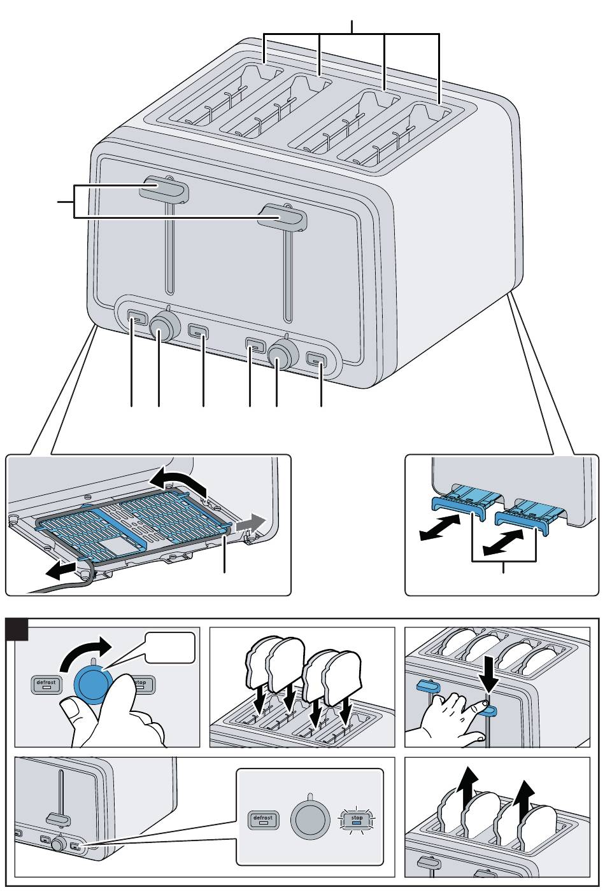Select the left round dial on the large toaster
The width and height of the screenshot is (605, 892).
165,328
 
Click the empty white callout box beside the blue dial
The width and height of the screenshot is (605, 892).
168,648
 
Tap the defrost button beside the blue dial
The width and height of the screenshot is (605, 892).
46,685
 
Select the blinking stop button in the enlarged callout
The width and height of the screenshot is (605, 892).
357,819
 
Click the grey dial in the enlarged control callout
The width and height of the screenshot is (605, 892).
309,819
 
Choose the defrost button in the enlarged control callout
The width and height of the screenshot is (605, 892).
262,819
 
